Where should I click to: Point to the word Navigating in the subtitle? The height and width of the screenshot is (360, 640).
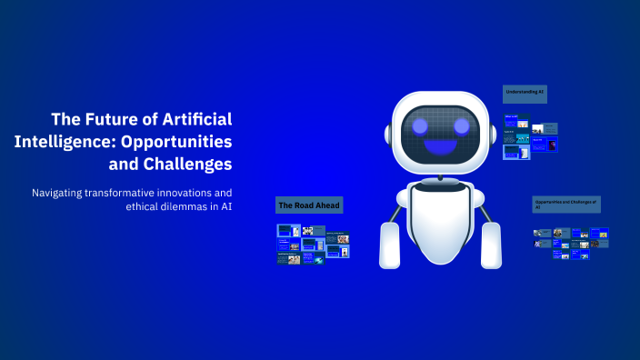[x=62, y=193]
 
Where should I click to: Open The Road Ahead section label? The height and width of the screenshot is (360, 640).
[x=309, y=205]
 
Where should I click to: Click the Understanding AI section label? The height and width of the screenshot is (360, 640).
[x=525, y=94]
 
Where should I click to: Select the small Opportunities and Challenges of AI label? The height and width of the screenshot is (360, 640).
[x=566, y=203]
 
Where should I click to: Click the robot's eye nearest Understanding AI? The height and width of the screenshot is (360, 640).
[x=463, y=125]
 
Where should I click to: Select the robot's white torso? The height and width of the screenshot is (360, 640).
[x=440, y=223]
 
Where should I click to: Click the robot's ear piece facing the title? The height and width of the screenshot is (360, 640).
[x=388, y=134]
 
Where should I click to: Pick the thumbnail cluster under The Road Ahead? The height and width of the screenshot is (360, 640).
[x=313, y=245]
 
